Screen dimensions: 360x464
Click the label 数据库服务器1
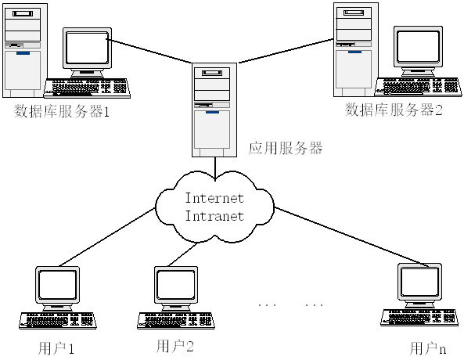click(x=63, y=110)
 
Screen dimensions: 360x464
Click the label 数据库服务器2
click(x=394, y=110)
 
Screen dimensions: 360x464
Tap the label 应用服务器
click(x=285, y=148)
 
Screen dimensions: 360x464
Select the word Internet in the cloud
click(x=214, y=198)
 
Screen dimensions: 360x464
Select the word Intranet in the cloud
click(x=214, y=215)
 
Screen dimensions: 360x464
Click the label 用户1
click(x=56, y=347)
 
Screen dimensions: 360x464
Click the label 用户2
click(x=174, y=345)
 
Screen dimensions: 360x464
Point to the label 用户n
click(x=428, y=347)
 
